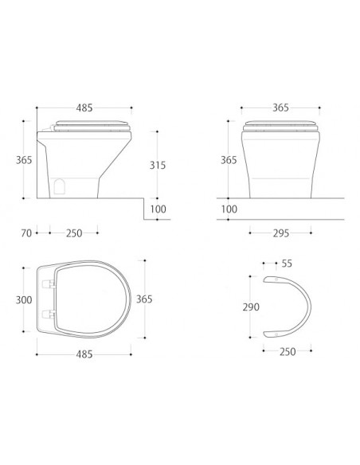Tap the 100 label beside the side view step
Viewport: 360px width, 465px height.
tap(158, 209)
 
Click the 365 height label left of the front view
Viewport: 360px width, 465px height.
tap(229, 160)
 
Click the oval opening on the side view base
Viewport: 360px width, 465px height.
tap(61, 186)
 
